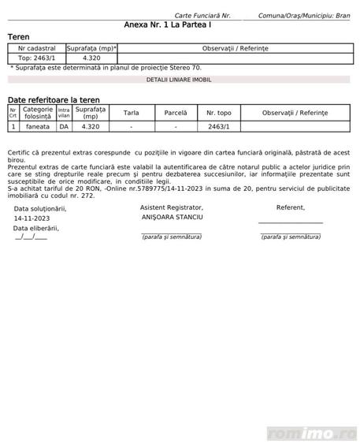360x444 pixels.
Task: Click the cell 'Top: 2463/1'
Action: (x=36, y=58)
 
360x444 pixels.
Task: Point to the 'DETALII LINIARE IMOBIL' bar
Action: (x=179, y=80)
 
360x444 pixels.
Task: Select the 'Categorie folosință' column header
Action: (x=37, y=113)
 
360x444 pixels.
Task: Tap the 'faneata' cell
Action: (x=37, y=126)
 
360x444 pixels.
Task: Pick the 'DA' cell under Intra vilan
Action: (x=63, y=126)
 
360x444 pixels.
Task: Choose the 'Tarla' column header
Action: (x=131, y=113)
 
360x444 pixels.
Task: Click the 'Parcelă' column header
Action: (x=176, y=113)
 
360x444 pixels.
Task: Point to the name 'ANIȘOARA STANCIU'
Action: (x=171, y=216)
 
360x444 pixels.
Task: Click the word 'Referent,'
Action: (x=290, y=207)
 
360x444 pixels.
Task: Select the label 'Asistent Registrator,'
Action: (x=171, y=207)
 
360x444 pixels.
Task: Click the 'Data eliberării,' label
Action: (x=36, y=228)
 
